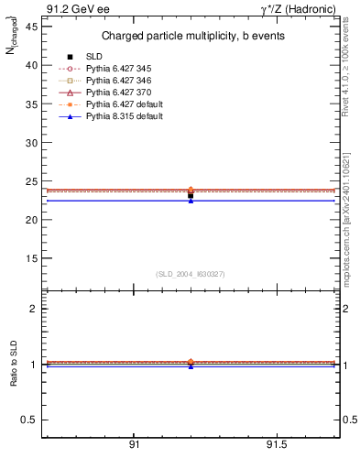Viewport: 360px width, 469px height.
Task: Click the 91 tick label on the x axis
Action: [134, 446]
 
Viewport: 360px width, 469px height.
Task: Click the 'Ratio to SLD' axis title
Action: [15, 364]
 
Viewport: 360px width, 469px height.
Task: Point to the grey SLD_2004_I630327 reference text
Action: [191, 274]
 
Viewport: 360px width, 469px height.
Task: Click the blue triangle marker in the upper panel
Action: [191, 200]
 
